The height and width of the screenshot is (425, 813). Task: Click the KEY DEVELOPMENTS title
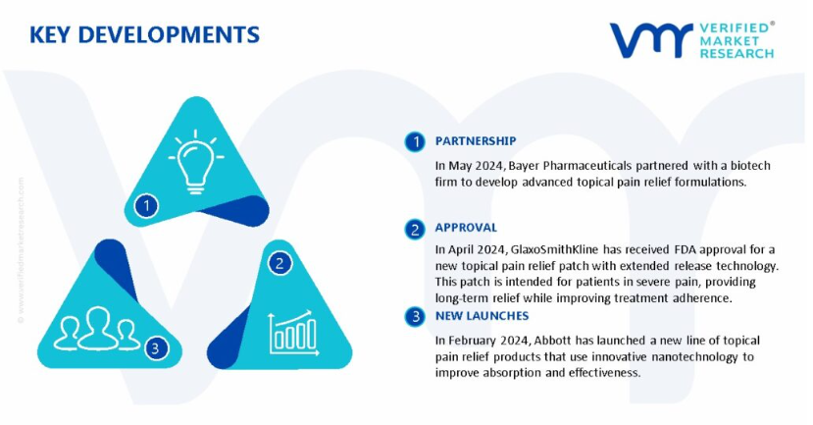pos(144,34)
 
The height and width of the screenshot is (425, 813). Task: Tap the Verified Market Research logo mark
pos(651,40)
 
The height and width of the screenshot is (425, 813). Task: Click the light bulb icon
pos(195,162)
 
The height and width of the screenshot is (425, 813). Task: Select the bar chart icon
pos(293,333)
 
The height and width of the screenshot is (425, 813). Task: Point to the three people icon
pos(97,329)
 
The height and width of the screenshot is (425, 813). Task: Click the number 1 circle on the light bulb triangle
pos(146,206)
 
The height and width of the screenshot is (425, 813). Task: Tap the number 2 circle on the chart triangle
pos(279,264)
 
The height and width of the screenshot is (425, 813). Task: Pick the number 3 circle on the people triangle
pos(156,347)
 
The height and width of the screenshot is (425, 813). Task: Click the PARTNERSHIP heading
pos(476,141)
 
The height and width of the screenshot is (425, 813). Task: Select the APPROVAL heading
pos(466,228)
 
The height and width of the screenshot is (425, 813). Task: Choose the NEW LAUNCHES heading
pos(482,315)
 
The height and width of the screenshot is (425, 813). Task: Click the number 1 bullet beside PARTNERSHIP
pos(415,141)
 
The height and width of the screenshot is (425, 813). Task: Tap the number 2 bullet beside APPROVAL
pos(415,229)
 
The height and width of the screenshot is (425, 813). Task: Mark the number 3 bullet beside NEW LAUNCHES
pos(415,316)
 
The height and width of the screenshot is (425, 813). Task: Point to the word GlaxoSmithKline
pos(554,249)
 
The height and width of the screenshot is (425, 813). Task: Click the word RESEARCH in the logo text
pos(737,53)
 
